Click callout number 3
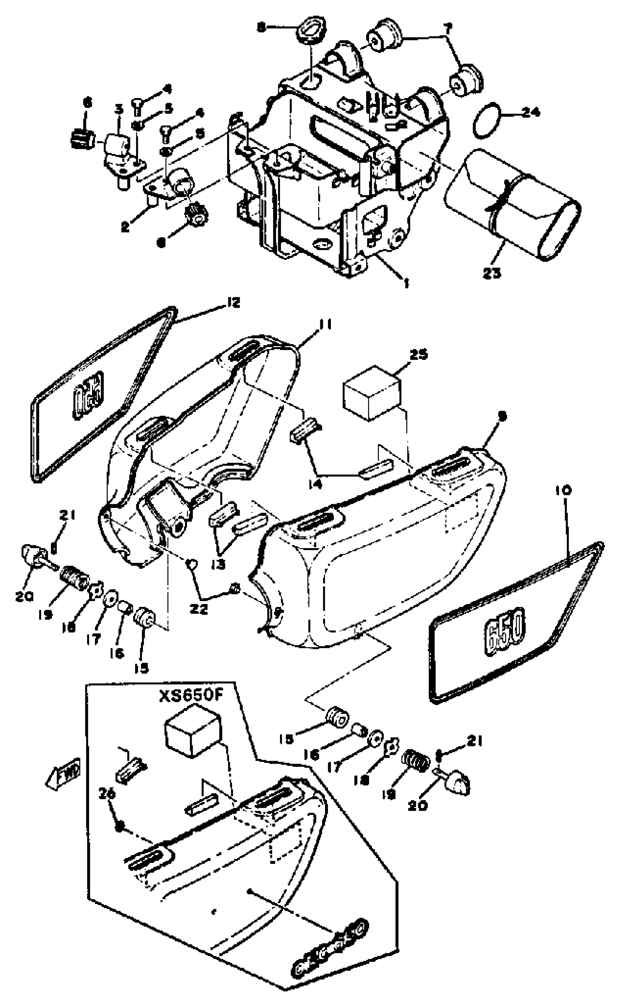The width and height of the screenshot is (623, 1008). [119, 109]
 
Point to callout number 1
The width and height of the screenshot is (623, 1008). [406, 283]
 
